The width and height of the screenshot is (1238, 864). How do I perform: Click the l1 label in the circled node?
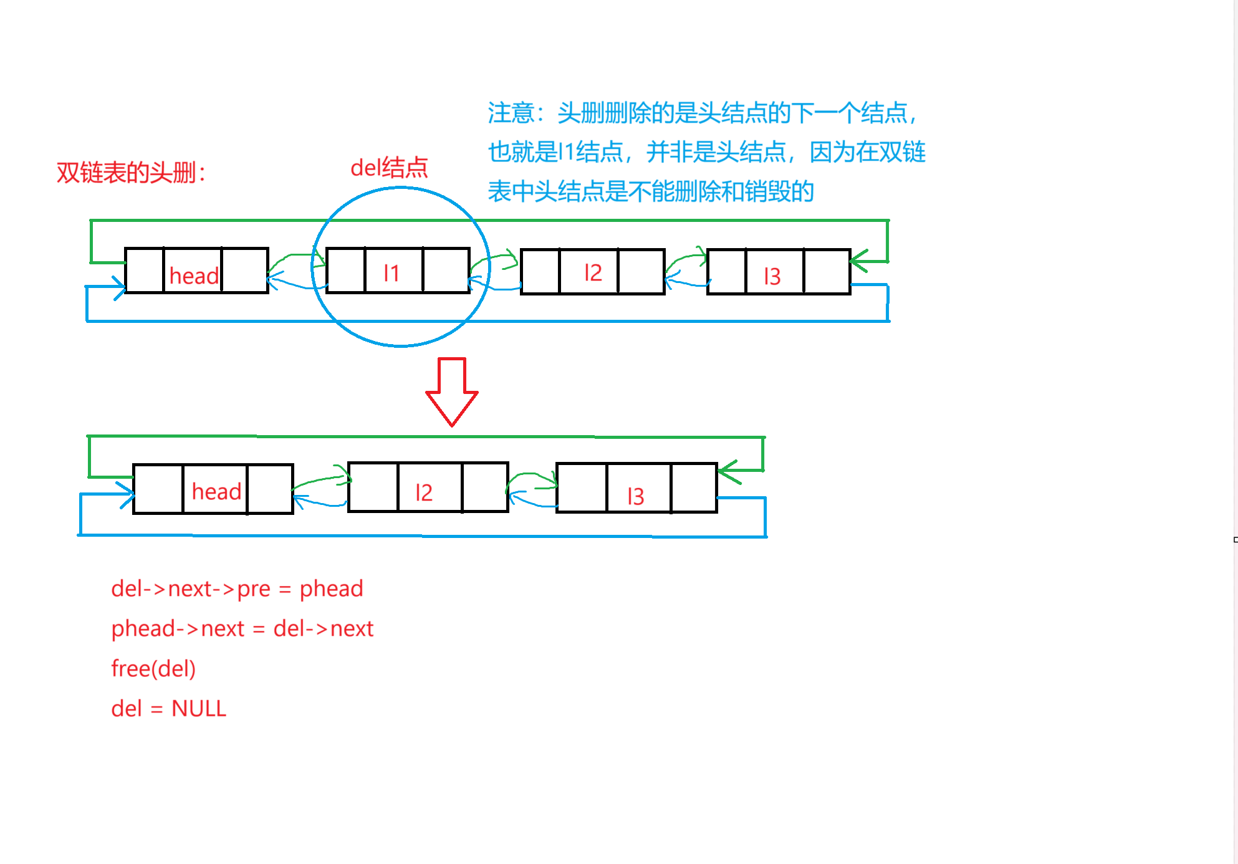[391, 272]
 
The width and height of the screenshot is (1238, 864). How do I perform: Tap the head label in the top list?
[194, 276]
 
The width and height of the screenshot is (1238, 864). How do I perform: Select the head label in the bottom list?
[216, 491]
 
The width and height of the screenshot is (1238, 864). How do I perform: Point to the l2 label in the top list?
[593, 272]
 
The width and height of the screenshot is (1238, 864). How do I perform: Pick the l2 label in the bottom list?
[424, 492]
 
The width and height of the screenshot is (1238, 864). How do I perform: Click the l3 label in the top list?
[772, 276]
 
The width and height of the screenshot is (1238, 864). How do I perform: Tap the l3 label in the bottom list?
[636, 496]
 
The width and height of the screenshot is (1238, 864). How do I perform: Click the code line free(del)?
[153, 668]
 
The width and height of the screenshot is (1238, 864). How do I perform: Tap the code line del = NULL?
[168, 708]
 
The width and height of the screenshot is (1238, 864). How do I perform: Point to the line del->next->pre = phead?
[237, 588]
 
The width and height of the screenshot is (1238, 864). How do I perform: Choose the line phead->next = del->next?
[242, 628]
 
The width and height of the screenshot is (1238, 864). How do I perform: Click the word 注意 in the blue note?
[511, 113]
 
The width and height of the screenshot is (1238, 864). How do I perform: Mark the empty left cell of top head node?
[145, 271]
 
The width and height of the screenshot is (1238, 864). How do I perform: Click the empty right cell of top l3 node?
[827, 271]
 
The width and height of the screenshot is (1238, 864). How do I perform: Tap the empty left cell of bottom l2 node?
[373, 487]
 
